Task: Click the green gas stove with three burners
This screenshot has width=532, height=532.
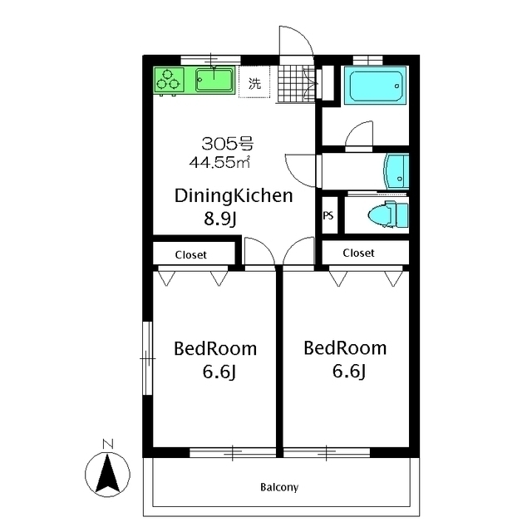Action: click(x=169, y=80)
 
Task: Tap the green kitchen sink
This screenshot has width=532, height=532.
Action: click(x=214, y=80)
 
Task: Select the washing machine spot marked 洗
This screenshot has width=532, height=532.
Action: click(x=254, y=81)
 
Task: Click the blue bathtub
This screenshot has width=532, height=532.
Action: click(x=375, y=85)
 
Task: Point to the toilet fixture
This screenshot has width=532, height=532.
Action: click(x=388, y=214)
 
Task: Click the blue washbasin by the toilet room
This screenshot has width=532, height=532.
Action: click(x=396, y=171)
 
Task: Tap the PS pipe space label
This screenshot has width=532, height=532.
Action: click(x=328, y=215)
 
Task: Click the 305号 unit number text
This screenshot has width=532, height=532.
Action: click(x=227, y=144)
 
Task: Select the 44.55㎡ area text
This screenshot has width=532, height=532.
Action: click(x=219, y=162)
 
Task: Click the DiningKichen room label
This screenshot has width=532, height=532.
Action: click(x=234, y=196)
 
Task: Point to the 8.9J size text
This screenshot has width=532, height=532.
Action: click(x=219, y=218)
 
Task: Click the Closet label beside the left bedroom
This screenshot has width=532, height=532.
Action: click(x=190, y=255)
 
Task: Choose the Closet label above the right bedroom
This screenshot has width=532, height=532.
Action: click(x=358, y=253)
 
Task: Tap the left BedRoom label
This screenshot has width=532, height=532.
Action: click(x=215, y=349)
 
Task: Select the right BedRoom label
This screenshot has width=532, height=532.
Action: click(x=345, y=348)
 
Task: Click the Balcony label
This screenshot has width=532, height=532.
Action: click(x=279, y=487)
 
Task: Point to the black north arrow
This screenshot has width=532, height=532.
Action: click(x=107, y=474)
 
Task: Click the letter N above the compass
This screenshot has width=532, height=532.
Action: click(x=108, y=444)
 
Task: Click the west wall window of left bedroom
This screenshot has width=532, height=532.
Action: click(x=148, y=358)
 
